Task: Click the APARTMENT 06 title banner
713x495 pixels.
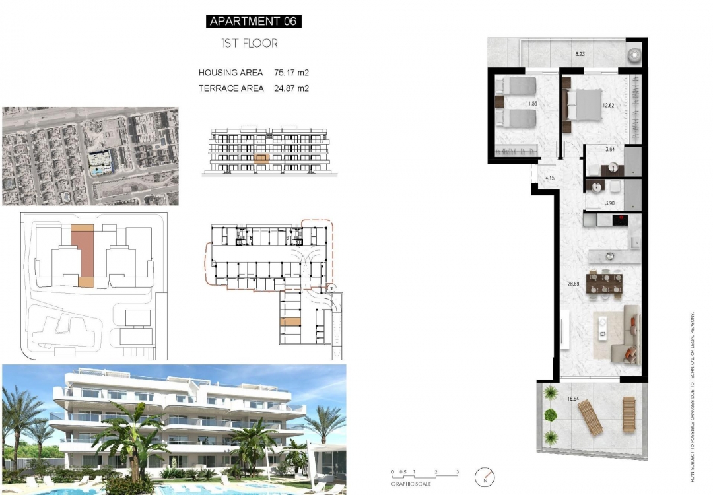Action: point(254,21)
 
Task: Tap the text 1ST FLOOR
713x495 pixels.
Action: point(250,44)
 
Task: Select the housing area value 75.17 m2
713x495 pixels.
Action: point(291,73)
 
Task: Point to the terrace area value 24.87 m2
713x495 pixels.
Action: point(291,88)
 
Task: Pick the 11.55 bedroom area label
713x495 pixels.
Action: point(531,104)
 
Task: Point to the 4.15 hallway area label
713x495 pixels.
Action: point(549,178)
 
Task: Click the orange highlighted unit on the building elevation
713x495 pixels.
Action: point(262,159)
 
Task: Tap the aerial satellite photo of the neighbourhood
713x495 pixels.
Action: point(90,156)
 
